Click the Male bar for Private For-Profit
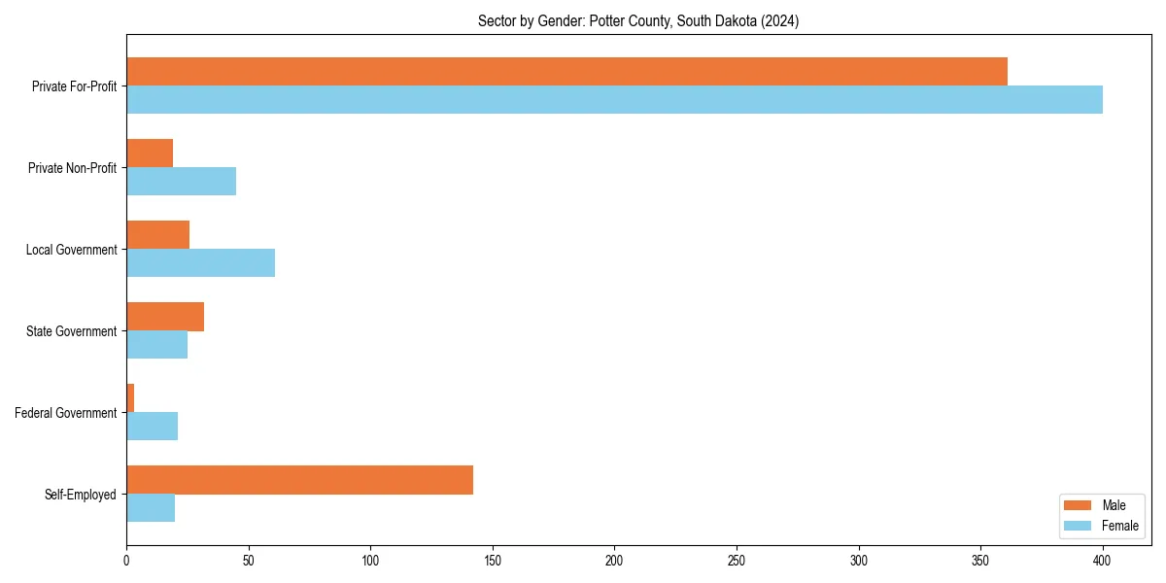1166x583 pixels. click(566, 71)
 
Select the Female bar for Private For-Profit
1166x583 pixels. click(614, 99)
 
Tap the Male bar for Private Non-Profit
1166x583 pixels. click(150, 154)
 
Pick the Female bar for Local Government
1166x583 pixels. click(200, 262)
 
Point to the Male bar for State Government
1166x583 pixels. click(165, 317)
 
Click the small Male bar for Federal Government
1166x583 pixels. click(130, 398)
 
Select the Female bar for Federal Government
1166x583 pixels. click(152, 426)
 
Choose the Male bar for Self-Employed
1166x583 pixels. click(299, 480)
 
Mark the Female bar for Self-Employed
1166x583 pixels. click(151, 507)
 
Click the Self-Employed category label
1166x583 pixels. click(80, 495)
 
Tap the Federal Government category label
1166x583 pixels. click(65, 413)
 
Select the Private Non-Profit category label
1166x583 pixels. click(72, 168)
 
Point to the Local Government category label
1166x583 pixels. click(71, 250)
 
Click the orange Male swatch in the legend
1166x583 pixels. click(1079, 505)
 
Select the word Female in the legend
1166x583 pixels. click(1120, 526)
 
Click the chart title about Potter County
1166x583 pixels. click(638, 21)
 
